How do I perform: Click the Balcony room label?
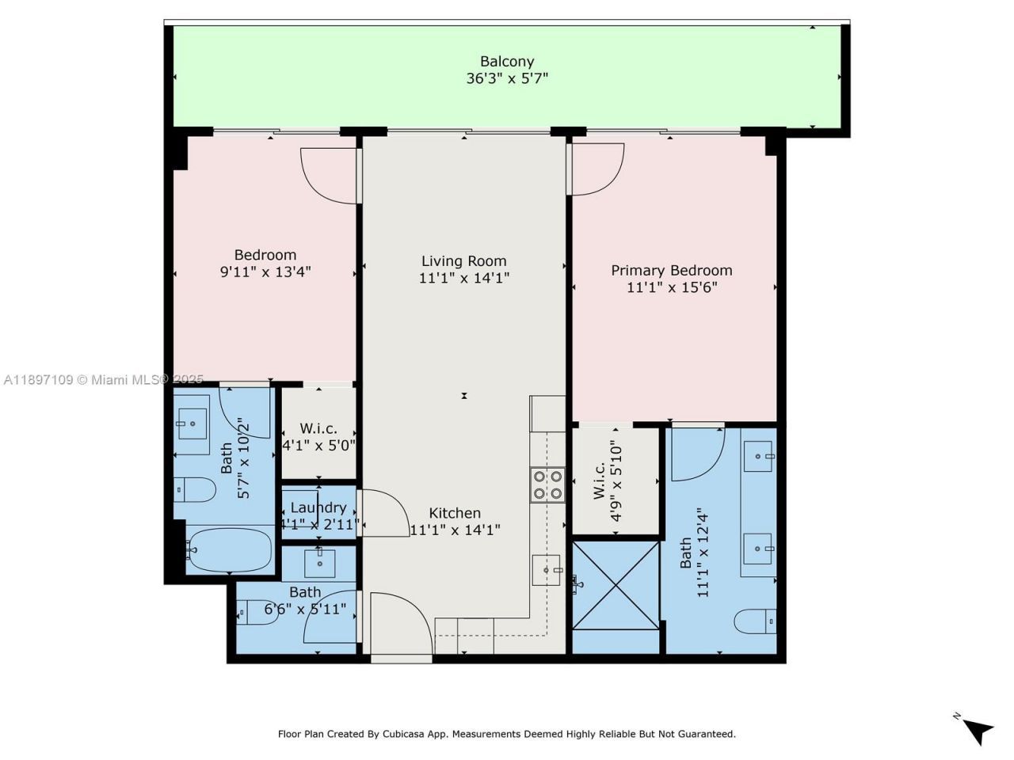[x=507, y=61]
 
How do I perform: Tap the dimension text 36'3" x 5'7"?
[x=507, y=78]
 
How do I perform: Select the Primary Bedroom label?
[x=671, y=270]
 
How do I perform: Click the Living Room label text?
[x=463, y=260]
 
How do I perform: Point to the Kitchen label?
[x=455, y=513]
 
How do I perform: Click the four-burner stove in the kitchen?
[x=547, y=484]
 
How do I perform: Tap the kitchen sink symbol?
[x=547, y=569]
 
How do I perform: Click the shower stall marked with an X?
[x=616, y=584]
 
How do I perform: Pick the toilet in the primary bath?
[x=755, y=621]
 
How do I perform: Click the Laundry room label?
[x=318, y=507]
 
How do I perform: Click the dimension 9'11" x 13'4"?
[x=265, y=272]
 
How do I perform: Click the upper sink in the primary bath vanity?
[x=759, y=457]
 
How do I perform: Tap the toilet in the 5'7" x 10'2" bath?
[x=195, y=490]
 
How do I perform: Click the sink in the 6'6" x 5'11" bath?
[x=319, y=563]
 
